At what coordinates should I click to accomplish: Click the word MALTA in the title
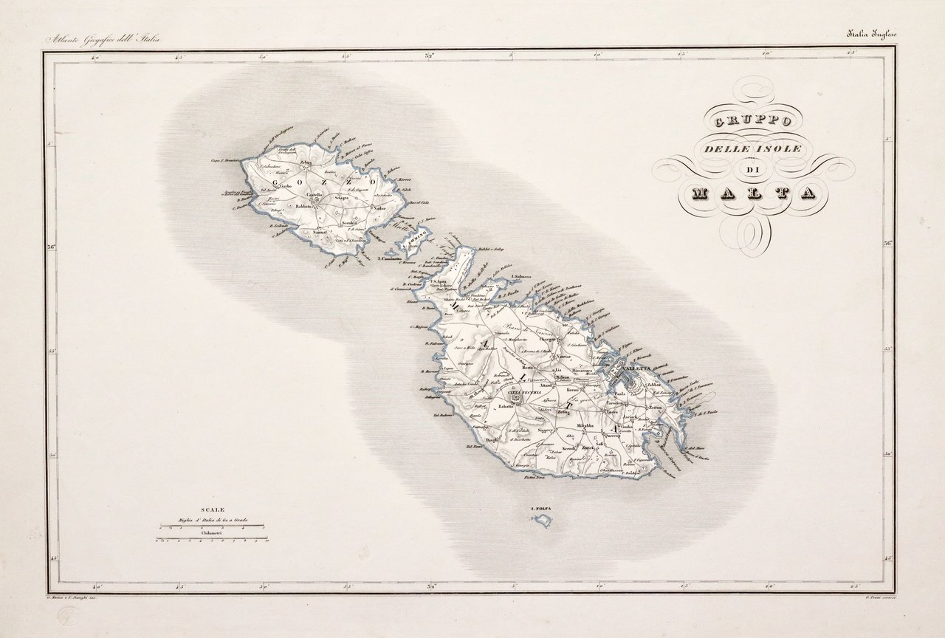tap(754, 193)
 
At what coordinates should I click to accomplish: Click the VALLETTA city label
tap(636, 368)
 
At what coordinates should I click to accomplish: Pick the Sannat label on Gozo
tap(320, 233)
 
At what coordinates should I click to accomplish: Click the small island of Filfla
tap(543, 521)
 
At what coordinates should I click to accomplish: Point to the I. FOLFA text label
tap(541, 509)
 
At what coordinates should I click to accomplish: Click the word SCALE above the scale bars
tap(213, 510)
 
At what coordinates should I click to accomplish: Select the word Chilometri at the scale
tap(213, 531)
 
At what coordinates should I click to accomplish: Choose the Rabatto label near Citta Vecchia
tap(506, 406)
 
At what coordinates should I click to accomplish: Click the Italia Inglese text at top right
tap(871, 33)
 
